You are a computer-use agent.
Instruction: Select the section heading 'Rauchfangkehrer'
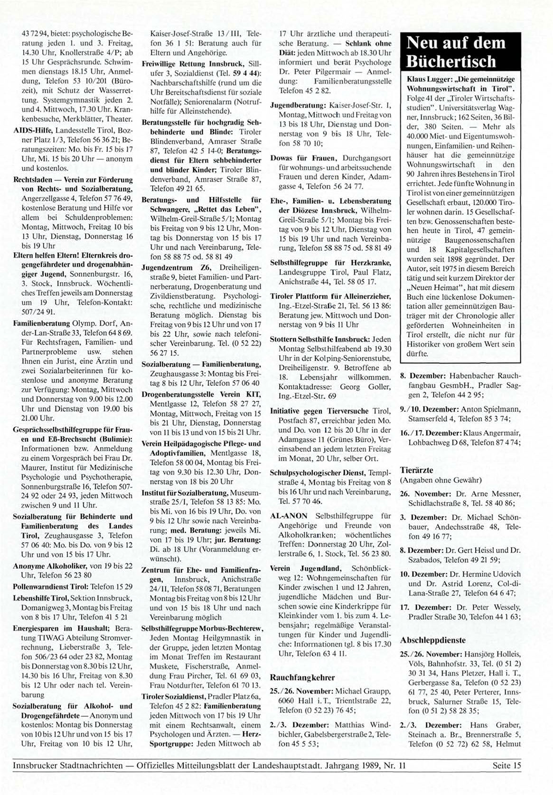(x=302, y=677)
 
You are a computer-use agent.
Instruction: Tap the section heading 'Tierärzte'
(x=416, y=470)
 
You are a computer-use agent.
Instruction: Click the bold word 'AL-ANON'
(x=289, y=516)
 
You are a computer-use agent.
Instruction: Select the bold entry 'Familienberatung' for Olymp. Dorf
(x=41, y=323)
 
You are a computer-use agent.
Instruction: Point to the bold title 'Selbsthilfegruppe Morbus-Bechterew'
(x=202, y=628)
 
